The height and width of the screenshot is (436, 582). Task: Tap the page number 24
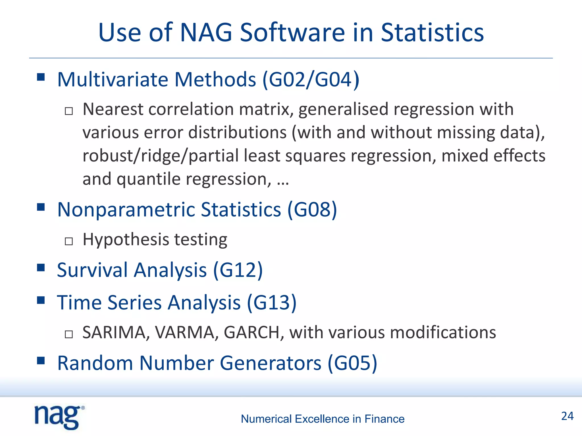click(567, 416)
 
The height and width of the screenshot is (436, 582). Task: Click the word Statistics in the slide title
click(432, 33)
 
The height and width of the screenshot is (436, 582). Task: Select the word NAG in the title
click(206, 33)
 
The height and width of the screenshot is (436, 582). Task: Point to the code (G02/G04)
click(311, 80)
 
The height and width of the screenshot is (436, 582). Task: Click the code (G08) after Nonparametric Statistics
click(312, 210)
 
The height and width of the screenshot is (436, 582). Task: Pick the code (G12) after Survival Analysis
click(238, 270)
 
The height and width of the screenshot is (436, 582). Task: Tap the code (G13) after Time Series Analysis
click(272, 303)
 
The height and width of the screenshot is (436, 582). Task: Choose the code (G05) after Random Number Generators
click(352, 363)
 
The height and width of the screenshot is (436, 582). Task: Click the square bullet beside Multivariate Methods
click(41, 77)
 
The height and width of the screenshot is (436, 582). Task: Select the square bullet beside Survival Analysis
click(41, 268)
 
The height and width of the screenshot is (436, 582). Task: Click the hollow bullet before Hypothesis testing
click(69, 241)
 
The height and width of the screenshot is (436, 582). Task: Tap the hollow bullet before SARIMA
click(69, 334)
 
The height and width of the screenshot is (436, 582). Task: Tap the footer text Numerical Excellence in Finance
click(323, 419)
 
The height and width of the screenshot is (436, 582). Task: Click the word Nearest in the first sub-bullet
click(113, 110)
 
